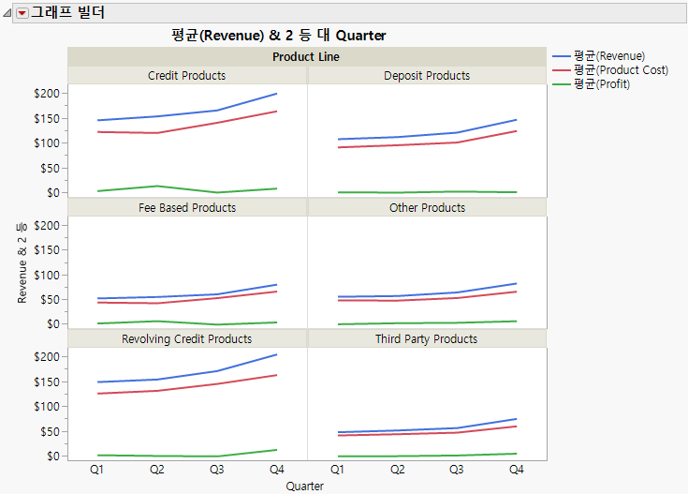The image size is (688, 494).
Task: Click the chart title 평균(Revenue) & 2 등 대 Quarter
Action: tap(279, 36)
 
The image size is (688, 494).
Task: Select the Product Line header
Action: tap(306, 57)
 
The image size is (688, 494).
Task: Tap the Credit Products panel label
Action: tap(187, 76)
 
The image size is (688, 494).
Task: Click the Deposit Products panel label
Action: tap(427, 76)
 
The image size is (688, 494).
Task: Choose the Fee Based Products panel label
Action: tap(187, 208)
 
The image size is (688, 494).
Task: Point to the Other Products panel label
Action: tap(427, 208)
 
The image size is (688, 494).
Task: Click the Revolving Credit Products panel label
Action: tap(187, 339)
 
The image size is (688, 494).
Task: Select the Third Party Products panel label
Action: tap(427, 339)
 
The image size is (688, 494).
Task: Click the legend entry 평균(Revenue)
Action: tap(609, 56)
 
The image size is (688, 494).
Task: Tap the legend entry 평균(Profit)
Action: tap(602, 84)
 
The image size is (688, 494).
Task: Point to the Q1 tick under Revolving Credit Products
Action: tap(97, 469)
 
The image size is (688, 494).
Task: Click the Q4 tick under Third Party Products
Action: tap(517, 469)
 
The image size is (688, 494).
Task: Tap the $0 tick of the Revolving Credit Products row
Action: tap(52, 456)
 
